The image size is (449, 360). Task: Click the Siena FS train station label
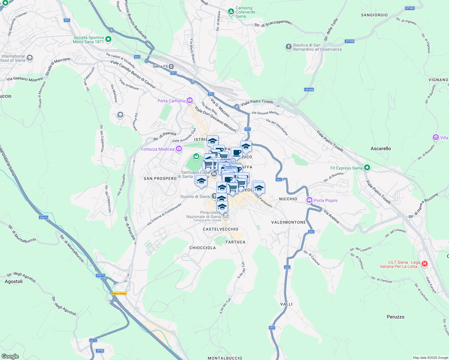tap(161, 66)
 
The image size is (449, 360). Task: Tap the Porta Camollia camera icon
tap(189, 100)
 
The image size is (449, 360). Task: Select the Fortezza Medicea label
tap(158, 149)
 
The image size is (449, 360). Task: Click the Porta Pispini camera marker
tap(309, 200)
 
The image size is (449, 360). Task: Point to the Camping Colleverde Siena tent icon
tap(231, 12)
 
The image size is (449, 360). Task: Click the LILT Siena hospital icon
tap(424, 264)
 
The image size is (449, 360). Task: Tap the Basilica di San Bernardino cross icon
tap(288, 46)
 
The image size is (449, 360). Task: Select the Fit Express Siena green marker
tap(367, 168)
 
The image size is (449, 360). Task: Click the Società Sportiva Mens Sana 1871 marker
tap(108, 39)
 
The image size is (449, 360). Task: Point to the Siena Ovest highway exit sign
tap(119, 293)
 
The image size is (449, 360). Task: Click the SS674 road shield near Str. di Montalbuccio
tap(101, 275)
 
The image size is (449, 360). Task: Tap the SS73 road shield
tap(93, 340)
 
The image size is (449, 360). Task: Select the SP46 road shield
tap(100, 351)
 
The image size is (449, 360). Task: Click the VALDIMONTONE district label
tap(288, 222)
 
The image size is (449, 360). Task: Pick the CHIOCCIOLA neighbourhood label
tap(203, 248)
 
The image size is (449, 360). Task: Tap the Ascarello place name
tap(381, 148)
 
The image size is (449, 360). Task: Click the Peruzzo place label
tap(395, 317)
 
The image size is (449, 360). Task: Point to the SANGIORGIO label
tap(374, 15)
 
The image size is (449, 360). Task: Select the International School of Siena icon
tap(29, 58)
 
